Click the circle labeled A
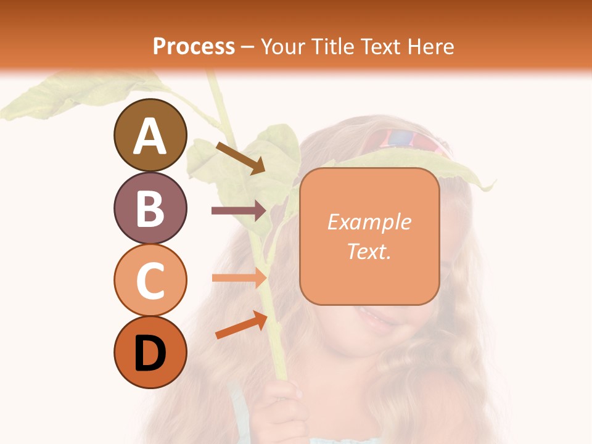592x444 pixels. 150,135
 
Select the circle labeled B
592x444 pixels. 150,208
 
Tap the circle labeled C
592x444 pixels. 150,280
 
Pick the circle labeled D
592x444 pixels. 150,353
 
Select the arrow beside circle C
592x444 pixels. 239,277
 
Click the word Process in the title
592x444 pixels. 194,47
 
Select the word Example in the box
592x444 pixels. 369,222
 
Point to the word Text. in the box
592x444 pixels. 369,252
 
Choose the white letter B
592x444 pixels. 150,208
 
